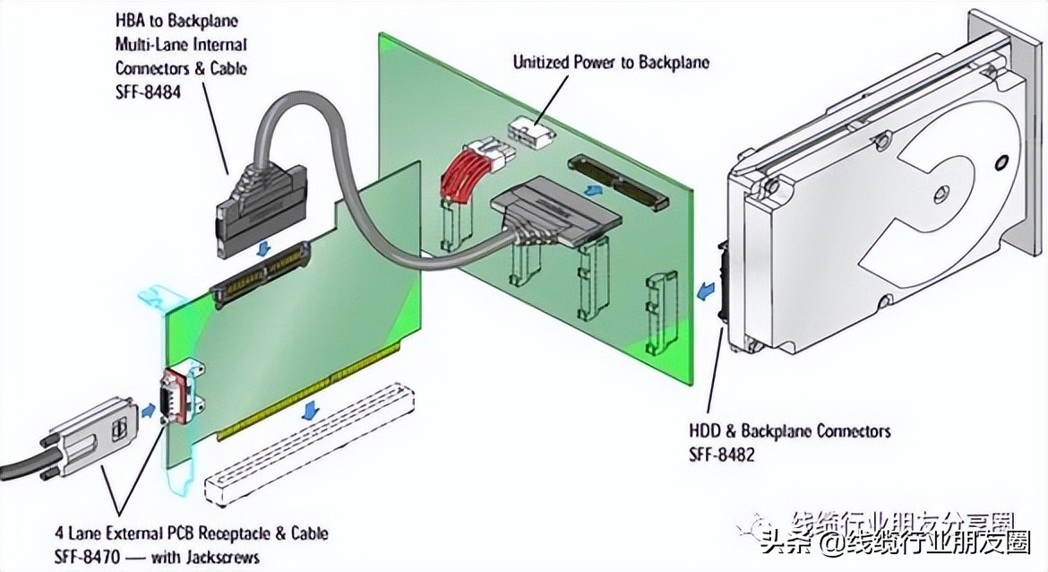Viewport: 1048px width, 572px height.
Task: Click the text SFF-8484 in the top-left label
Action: click(148, 91)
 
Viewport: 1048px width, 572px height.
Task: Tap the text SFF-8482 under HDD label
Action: click(721, 455)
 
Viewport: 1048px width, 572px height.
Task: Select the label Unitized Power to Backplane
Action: click(611, 63)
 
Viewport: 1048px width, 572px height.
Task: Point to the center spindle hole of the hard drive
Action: click(940, 191)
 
